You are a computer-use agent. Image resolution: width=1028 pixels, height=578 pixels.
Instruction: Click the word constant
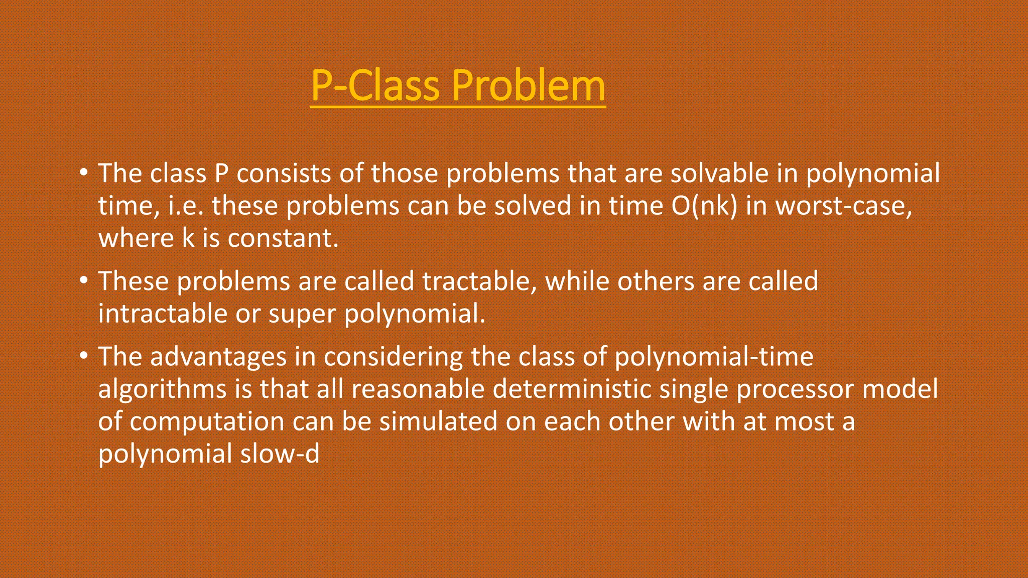[x=283, y=238]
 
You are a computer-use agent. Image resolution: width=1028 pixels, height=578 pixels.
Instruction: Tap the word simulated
[x=438, y=421]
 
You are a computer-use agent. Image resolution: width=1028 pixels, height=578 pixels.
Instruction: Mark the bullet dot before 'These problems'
[x=83, y=280]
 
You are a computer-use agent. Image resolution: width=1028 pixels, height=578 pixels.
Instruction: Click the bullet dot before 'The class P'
[x=83, y=173]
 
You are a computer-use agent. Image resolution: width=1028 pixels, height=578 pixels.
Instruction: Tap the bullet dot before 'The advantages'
[x=83, y=356]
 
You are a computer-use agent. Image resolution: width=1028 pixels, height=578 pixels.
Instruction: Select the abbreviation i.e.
[x=185, y=206]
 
